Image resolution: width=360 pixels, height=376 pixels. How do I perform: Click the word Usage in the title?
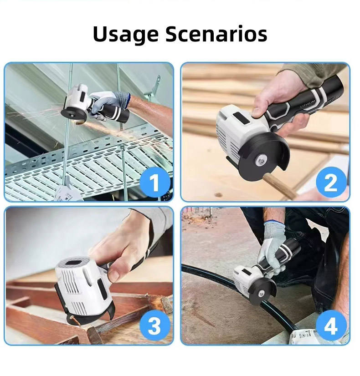pos(125,34)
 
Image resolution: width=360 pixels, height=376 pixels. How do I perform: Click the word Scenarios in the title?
pos(216,34)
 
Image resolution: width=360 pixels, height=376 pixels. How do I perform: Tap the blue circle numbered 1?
pos(155,183)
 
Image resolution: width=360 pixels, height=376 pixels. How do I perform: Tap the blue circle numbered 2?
pos(331,183)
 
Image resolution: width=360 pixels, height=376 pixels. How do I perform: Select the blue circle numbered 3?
pos(155,325)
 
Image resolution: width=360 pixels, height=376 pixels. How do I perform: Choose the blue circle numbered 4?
pos(331,325)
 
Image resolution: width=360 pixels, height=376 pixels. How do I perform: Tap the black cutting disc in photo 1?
pos(71,113)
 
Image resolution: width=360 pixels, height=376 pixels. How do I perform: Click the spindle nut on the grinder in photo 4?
pos(262,293)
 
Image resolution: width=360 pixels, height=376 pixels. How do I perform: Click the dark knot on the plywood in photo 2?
pos(218,195)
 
